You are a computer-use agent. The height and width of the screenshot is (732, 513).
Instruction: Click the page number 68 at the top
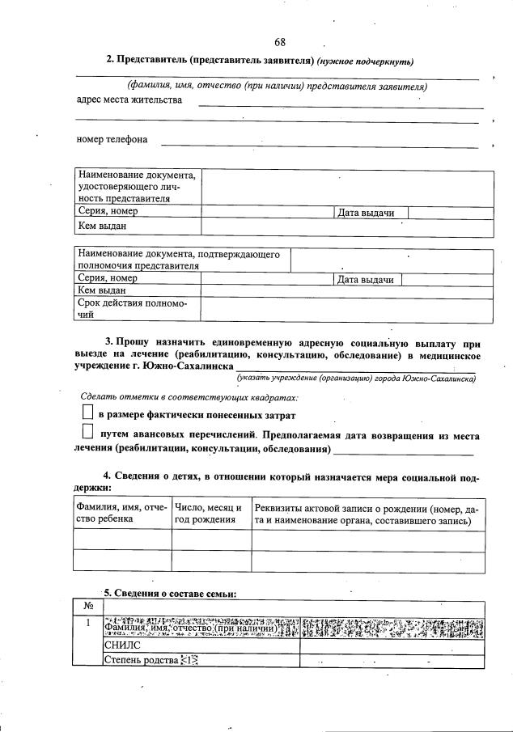point(280,42)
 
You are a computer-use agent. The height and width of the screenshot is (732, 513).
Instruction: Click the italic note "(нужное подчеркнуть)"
point(365,61)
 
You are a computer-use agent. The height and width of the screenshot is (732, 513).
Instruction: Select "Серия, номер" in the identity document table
point(108,212)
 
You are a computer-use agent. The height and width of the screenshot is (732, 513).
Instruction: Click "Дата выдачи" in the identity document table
point(366,213)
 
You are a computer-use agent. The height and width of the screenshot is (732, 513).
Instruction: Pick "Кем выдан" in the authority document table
point(101,290)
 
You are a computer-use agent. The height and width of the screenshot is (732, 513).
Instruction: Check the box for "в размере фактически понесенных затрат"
point(88,413)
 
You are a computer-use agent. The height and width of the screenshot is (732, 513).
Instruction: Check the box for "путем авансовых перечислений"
point(88,434)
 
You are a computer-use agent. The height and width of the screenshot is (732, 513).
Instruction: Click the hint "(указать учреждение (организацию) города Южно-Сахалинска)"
point(356,378)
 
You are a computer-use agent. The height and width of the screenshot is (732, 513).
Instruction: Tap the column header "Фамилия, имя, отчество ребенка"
point(121,514)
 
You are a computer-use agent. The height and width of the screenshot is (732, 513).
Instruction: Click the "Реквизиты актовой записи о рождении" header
point(366,514)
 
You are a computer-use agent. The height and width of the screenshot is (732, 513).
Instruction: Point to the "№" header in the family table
point(87,607)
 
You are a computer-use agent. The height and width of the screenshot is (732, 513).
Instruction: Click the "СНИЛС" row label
point(122,645)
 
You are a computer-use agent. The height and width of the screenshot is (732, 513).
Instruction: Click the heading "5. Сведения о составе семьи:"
point(169,594)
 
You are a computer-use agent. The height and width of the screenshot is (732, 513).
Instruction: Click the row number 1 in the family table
point(87,623)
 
